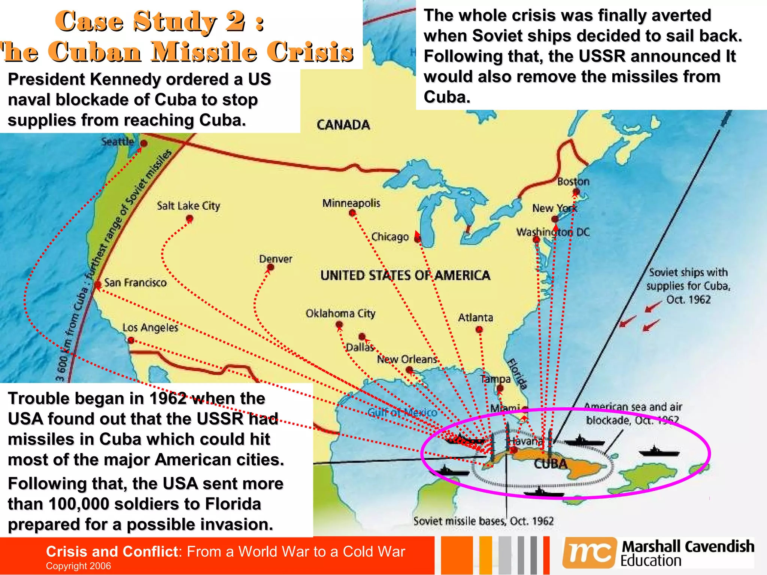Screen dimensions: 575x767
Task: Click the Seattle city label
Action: tap(118, 142)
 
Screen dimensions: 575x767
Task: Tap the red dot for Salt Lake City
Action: tap(190, 218)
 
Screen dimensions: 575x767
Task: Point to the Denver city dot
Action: tap(270, 267)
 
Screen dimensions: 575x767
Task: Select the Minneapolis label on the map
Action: tap(351, 203)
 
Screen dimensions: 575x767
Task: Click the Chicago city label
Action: tap(390, 237)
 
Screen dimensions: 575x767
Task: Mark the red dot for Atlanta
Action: tap(479, 330)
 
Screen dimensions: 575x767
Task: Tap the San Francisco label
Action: tap(135, 283)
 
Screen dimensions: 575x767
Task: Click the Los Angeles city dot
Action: tap(131, 340)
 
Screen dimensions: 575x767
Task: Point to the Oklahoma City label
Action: tap(340, 313)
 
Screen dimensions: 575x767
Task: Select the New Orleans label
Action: tap(407, 359)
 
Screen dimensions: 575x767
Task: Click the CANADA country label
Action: tap(343, 125)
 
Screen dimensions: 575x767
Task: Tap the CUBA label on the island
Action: tap(550, 464)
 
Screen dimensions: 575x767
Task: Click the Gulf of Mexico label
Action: tap(402, 413)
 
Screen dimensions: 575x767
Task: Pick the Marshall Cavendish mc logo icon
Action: tap(589, 553)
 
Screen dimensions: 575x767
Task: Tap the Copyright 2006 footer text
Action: tap(78, 566)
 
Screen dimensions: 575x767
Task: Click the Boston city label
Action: tap(573, 182)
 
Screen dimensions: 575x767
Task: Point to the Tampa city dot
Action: tap(500, 389)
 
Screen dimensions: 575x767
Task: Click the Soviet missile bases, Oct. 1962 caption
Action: tap(483, 521)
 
